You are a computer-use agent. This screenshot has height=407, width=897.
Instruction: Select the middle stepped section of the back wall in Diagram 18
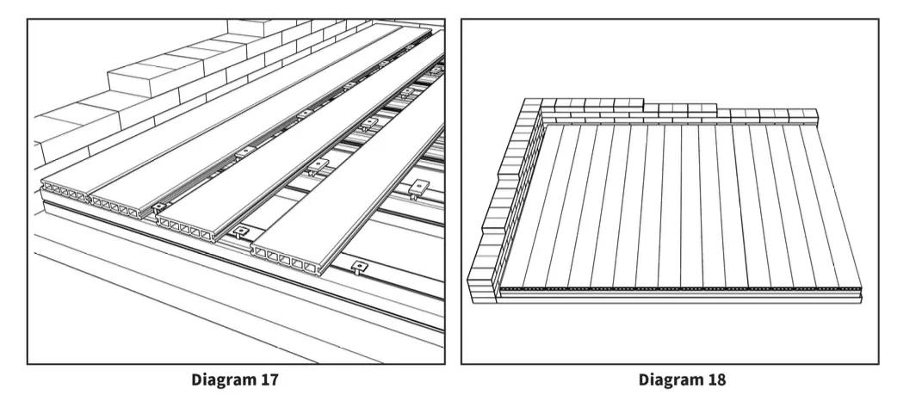[x=684, y=110]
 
